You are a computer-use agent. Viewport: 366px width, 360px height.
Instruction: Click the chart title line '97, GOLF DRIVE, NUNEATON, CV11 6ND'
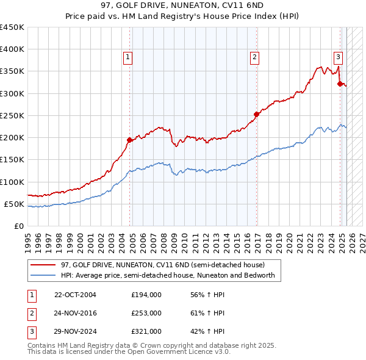(x=182, y=6)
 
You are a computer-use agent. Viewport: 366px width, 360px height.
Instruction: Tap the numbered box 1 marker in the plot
(x=128, y=57)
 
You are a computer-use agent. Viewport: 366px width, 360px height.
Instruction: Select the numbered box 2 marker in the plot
(x=254, y=57)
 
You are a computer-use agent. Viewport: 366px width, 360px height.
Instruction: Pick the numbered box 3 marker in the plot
(x=338, y=57)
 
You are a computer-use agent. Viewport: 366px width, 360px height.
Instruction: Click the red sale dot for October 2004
(x=129, y=140)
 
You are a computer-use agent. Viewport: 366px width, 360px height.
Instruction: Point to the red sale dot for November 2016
(x=257, y=113)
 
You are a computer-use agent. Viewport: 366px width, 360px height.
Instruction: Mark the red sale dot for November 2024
(x=340, y=84)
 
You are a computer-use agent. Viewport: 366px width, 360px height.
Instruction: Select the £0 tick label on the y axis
(x=18, y=226)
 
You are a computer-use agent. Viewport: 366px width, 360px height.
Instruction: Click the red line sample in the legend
(x=43, y=265)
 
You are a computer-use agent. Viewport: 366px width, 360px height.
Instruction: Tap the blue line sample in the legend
(x=43, y=275)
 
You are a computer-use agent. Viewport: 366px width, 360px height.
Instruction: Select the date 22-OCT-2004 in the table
(x=75, y=295)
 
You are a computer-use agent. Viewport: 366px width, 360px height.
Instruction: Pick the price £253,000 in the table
(x=146, y=313)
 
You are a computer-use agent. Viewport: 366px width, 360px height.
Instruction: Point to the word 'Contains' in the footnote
(x=41, y=345)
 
